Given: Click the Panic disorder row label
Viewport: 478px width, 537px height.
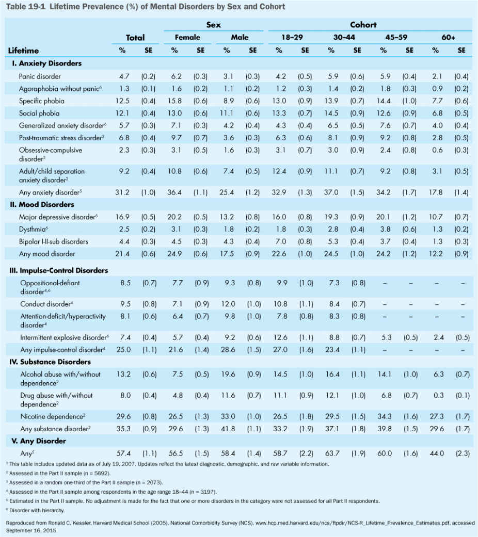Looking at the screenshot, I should [x=40, y=76].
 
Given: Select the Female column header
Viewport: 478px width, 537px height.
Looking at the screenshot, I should [x=187, y=37].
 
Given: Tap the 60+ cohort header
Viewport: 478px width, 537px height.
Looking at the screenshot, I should [x=448, y=37].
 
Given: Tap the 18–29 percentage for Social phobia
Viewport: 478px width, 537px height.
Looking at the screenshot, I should [x=279, y=113].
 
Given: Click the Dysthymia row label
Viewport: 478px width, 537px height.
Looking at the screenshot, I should [x=35, y=229].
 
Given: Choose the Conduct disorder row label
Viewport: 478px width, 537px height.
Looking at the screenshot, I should [x=45, y=304].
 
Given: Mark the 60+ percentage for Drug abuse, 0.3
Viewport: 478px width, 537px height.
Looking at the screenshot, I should [x=436, y=396].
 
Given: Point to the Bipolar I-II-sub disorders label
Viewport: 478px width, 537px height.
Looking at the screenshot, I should [x=53, y=241].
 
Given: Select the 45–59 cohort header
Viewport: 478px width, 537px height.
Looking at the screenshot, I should [x=396, y=37].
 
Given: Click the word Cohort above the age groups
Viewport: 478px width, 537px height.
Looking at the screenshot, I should [x=363, y=24].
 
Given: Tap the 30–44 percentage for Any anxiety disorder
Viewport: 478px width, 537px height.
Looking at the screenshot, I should [x=331, y=192].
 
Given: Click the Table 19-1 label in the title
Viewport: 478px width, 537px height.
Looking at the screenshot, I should [x=24, y=7].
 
